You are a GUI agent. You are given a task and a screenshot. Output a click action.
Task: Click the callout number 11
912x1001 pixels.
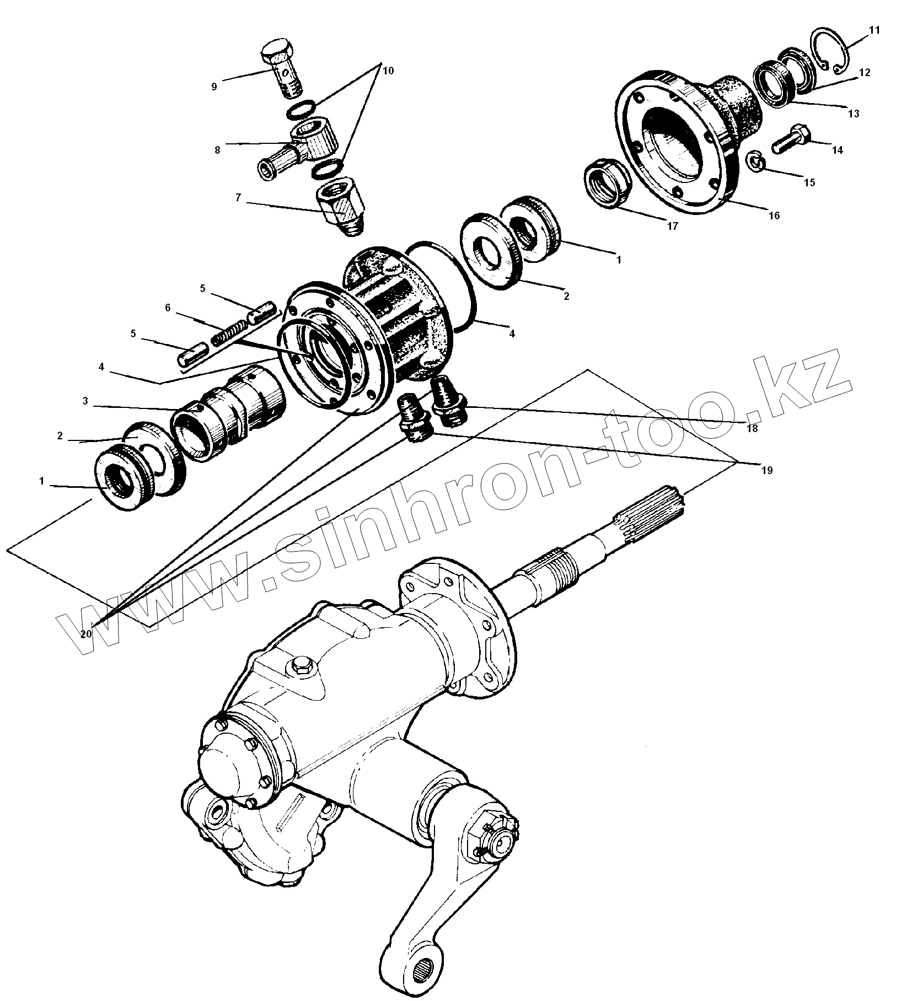point(875,30)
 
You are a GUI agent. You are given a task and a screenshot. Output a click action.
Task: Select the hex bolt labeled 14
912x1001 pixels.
point(791,139)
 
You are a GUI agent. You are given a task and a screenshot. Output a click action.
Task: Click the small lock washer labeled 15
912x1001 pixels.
point(754,162)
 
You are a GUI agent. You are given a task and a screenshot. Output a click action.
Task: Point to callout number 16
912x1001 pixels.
point(774,216)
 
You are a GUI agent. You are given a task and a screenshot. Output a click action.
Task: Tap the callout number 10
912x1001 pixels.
point(388,71)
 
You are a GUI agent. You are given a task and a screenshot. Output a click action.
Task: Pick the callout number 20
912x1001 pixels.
point(85,634)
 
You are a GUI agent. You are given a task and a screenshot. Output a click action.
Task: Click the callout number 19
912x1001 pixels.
point(767,470)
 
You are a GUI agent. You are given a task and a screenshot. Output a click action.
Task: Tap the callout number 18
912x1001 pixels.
point(752,428)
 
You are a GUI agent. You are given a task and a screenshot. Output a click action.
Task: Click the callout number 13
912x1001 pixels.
point(854,114)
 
